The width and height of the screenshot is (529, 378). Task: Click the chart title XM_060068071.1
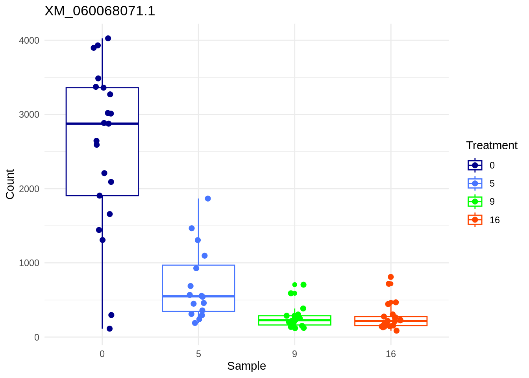pos(100,11)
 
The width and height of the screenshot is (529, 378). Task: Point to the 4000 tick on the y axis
pos(29,41)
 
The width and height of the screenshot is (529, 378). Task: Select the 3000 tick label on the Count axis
pos(29,115)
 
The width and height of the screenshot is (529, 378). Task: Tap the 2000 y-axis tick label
pos(29,189)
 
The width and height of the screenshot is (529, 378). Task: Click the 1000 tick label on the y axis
pos(29,263)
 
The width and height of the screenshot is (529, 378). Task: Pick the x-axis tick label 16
pos(390,354)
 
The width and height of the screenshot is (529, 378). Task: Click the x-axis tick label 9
pos(294,354)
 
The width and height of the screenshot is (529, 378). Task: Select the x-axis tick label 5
pos(198,354)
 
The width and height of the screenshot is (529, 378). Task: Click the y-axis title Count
pos(10,184)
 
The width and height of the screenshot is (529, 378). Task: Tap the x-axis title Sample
pos(246,366)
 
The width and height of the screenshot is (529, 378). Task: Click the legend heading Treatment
pos(492,146)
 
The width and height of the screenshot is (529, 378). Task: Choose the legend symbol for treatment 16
pos(475,220)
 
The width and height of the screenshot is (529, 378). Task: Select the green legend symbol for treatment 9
pos(475,202)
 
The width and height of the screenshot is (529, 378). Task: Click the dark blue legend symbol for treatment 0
pos(475,165)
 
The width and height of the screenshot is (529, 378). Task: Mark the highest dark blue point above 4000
pos(108,38)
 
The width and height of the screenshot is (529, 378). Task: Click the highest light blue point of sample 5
pos(208,198)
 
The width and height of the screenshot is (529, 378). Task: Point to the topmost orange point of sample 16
pos(390,277)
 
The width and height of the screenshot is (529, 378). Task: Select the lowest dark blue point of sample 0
pos(109,329)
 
